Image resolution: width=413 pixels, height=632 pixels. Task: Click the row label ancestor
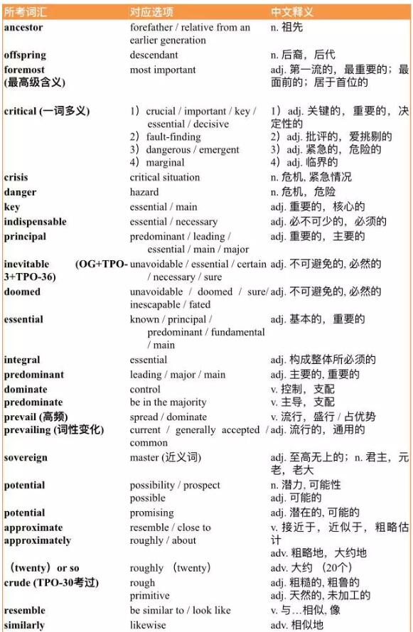pyautogui.click(x=23, y=27)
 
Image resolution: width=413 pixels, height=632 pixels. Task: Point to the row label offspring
pyautogui.click(x=25, y=55)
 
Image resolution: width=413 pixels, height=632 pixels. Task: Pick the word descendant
pyautogui.click(x=154, y=55)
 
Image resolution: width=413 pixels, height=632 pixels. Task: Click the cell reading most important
pyautogui.click(x=163, y=70)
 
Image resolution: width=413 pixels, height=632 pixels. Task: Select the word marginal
pyautogui.click(x=166, y=162)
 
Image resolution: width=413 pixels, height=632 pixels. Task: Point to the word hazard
pyautogui.click(x=144, y=192)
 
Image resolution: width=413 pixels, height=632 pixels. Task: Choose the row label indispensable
pyautogui.click(x=35, y=222)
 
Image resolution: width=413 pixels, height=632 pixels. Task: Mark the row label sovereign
pyautogui.click(x=26, y=458)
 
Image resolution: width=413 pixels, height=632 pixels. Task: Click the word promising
pyautogui.click(x=151, y=513)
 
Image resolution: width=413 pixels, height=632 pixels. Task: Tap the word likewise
pyautogui.click(x=148, y=626)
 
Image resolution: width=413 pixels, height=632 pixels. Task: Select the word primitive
pyautogui.click(x=150, y=596)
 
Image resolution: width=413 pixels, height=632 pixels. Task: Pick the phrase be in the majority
pyautogui.click(x=168, y=402)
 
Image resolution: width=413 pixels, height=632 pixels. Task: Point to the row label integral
pyautogui.click(x=22, y=360)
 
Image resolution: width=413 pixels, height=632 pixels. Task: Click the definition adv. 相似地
pyautogui.click(x=297, y=626)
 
